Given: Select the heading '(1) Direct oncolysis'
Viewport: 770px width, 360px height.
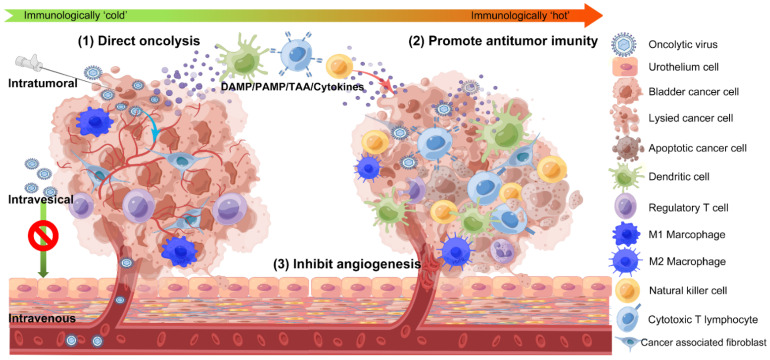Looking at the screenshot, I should [140, 41].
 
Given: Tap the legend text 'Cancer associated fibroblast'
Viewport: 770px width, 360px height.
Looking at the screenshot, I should [712, 345].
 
